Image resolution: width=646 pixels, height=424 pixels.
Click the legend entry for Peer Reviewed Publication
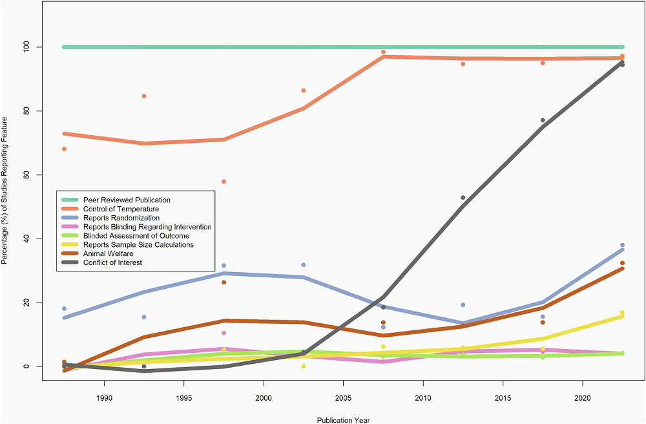click(x=127, y=200)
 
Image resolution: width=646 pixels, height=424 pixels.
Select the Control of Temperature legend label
click(x=121, y=209)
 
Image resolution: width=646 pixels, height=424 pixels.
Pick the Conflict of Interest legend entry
click(x=112, y=262)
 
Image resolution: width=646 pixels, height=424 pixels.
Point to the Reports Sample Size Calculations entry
click(x=138, y=245)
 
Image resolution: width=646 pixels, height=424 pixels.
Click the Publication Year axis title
click(x=343, y=419)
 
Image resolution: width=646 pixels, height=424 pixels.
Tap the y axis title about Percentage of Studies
click(x=5, y=191)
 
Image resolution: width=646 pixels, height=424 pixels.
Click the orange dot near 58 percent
click(x=224, y=182)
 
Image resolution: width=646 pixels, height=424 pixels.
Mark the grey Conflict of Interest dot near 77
click(x=543, y=120)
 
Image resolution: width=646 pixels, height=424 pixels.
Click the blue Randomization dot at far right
click(x=622, y=245)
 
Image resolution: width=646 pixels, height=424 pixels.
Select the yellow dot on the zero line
click(x=304, y=366)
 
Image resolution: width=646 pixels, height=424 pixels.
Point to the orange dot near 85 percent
click(x=144, y=96)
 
